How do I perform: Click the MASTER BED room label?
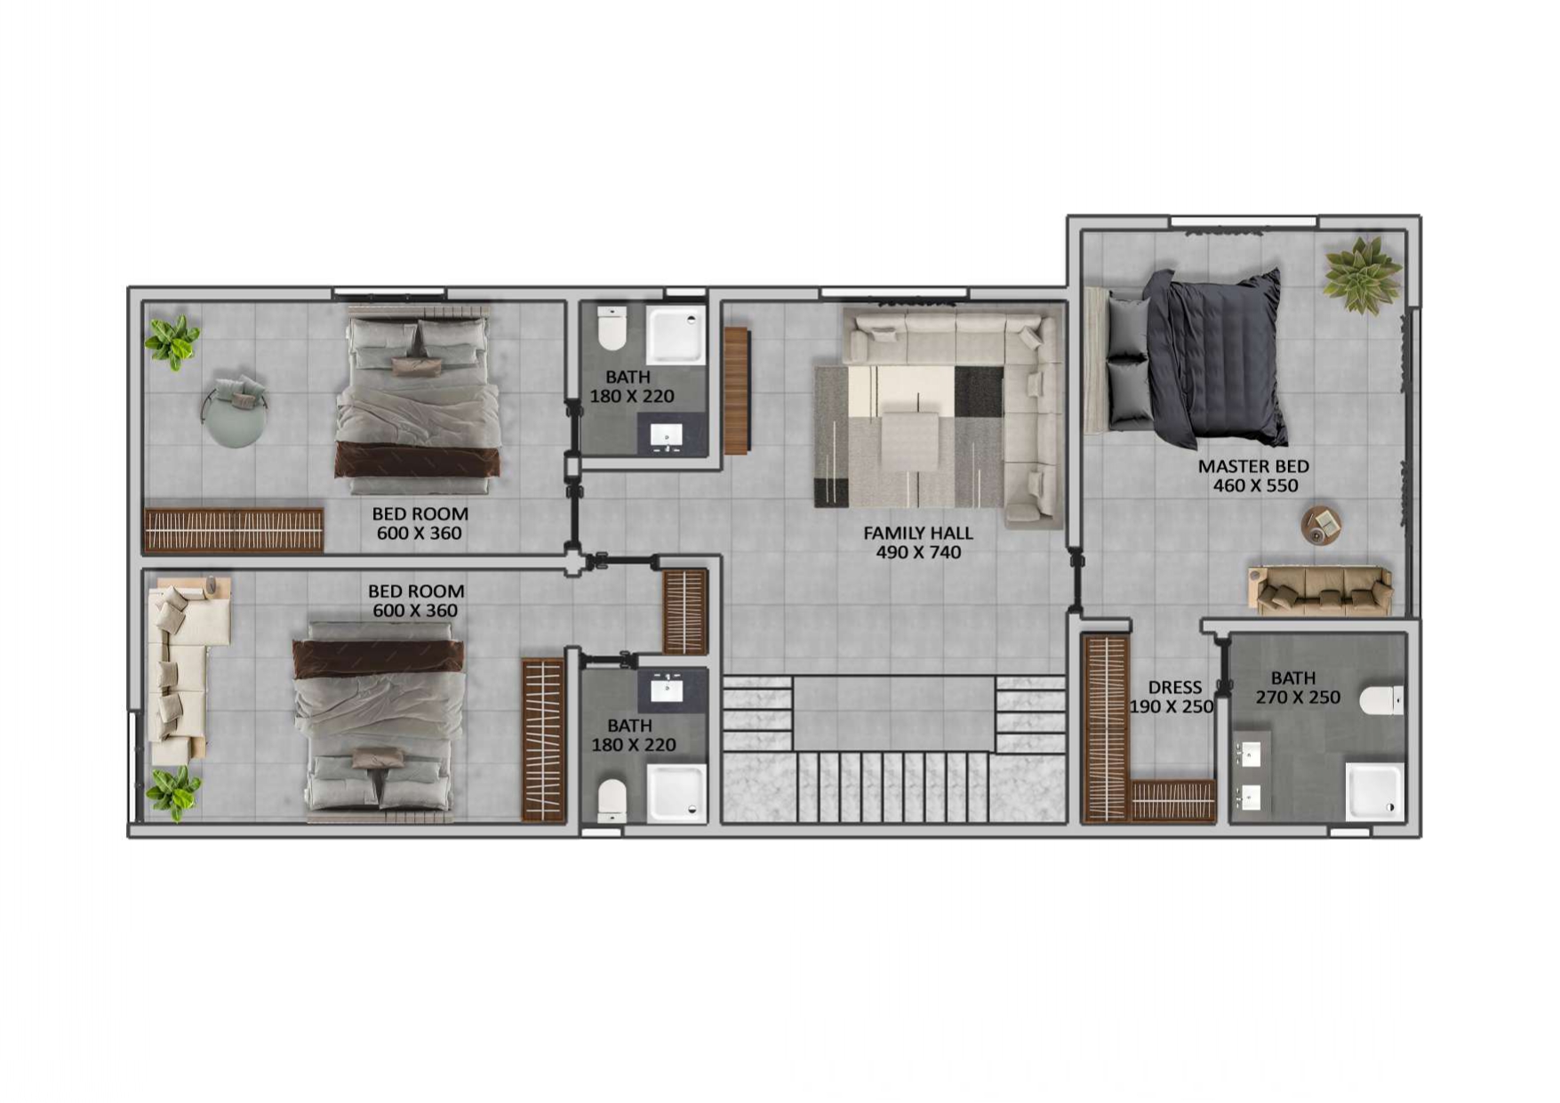[1253, 466]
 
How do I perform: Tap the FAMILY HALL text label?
[918, 534]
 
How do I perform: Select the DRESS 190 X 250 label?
[1172, 697]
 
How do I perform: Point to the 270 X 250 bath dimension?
[1298, 698]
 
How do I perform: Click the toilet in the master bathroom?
[1382, 700]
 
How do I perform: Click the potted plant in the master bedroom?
[1360, 275]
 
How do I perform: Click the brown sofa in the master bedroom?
[1320, 590]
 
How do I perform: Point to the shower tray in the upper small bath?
[676, 335]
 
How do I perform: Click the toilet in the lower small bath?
[612, 800]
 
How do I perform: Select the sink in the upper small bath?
[667, 436]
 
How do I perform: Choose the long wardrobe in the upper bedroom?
[234, 531]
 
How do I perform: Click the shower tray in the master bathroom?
[1373, 791]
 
